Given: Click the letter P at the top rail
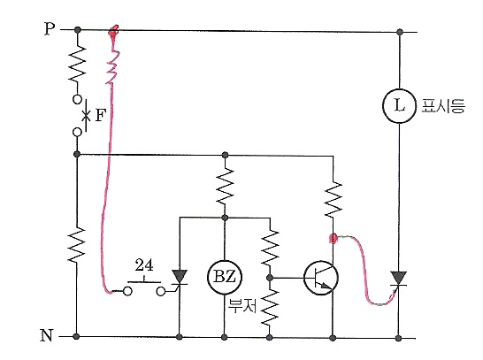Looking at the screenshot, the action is coord(50,29).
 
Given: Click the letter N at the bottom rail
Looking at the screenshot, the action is coord(47,335).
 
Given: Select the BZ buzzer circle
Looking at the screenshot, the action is coord(225,276).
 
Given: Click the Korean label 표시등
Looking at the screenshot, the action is coord(443,105).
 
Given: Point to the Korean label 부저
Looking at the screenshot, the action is coord(242,306).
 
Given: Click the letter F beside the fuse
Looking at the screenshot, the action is coord(101,116).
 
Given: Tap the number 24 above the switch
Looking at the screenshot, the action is coord(144,265).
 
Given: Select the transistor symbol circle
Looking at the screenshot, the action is coord(320,278).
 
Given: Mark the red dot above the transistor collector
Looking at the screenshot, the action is coord(333,238).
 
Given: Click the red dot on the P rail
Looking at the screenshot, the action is coord(113,31).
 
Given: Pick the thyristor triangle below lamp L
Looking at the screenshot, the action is coord(399,278).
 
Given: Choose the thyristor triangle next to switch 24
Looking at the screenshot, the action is coord(180,277).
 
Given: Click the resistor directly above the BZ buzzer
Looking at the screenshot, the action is coord(225,186).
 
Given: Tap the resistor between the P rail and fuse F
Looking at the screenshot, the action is coord(77,65).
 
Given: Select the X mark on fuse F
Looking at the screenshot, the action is coord(87,116).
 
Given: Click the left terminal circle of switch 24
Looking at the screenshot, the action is coord(127,291).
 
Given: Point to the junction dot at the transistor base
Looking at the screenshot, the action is coord(270,278).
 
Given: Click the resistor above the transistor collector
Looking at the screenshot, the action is coord(333,200).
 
